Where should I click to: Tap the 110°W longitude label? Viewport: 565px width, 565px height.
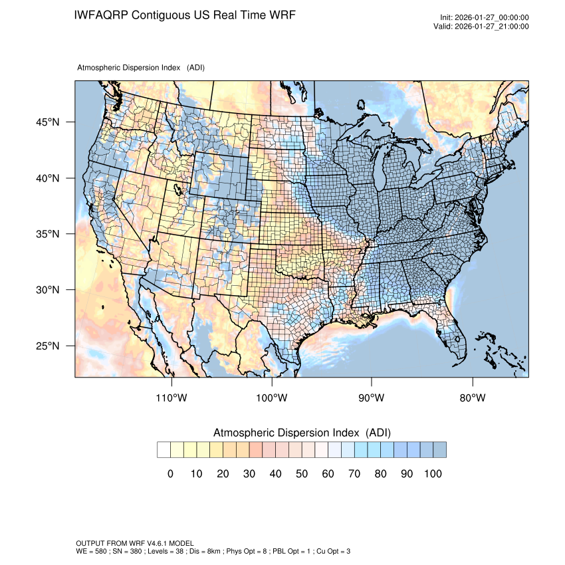(x=172, y=398)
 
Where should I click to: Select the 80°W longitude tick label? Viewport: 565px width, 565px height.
(x=473, y=398)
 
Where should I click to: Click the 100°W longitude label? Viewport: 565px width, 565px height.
(x=272, y=398)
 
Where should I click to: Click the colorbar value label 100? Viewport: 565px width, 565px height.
(x=433, y=473)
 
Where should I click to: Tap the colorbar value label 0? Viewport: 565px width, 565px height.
(x=170, y=473)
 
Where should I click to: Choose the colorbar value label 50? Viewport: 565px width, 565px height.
(x=301, y=473)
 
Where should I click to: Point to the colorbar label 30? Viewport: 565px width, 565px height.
(x=249, y=473)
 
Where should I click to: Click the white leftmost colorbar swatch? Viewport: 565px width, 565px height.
(x=164, y=450)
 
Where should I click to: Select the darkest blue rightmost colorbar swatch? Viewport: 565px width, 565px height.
(x=439, y=450)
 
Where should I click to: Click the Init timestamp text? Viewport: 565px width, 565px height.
(x=485, y=17)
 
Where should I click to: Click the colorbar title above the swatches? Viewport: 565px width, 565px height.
(x=302, y=433)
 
